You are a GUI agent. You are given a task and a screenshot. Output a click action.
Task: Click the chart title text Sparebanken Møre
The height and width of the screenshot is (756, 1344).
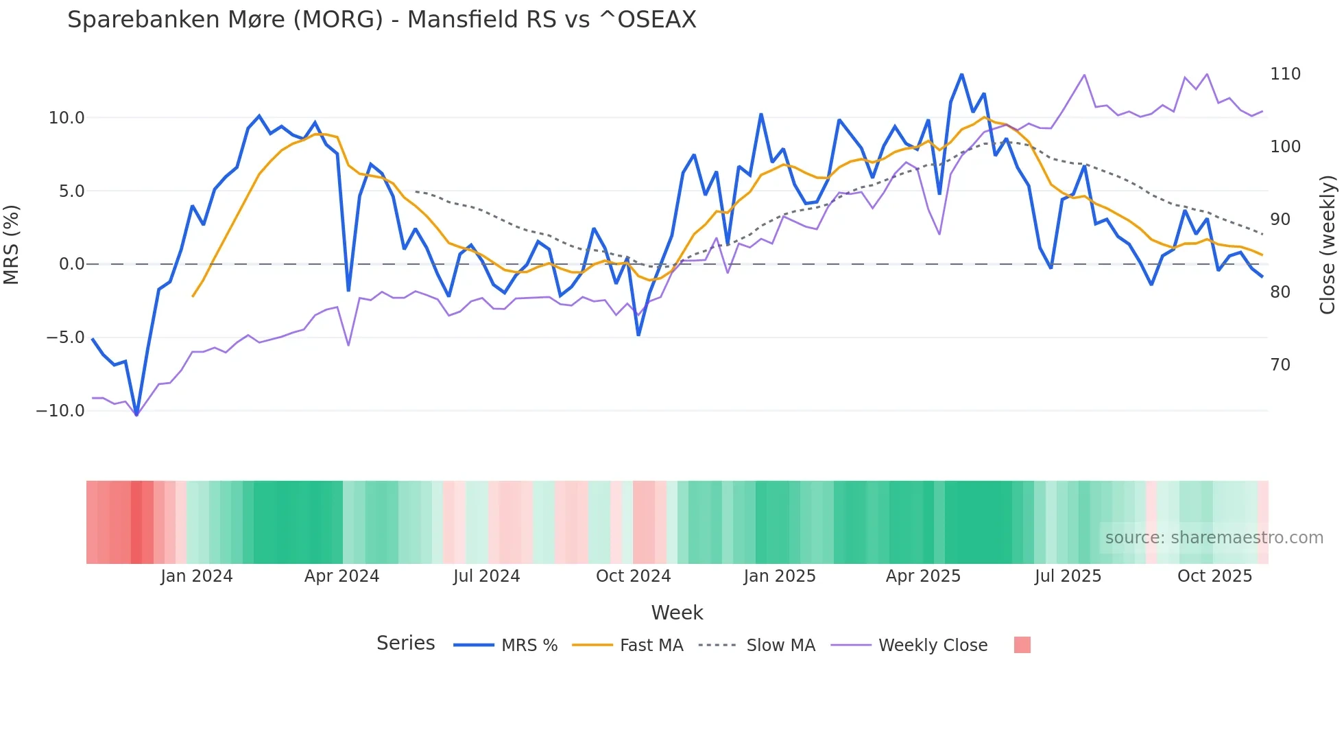[381, 20]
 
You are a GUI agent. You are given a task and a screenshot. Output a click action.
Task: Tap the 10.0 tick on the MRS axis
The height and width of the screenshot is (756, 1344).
[67, 118]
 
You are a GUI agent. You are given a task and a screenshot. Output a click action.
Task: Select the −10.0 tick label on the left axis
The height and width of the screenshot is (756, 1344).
[60, 411]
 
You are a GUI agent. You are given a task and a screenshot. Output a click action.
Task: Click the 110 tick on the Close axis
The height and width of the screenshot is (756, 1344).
[1285, 74]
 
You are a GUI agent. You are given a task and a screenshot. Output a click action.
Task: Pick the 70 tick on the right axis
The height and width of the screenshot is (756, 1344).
[1280, 365]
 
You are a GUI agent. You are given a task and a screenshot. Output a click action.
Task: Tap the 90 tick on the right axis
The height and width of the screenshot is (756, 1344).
[1280, 220]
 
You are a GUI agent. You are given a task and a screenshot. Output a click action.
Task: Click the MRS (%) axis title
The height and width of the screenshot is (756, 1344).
[12, 245]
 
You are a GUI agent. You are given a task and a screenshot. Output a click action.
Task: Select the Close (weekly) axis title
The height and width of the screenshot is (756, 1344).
[1328, 245]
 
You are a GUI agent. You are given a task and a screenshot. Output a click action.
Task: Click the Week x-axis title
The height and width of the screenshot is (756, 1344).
[677, 613]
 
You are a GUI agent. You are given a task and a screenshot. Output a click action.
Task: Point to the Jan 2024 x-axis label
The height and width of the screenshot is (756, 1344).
[197, 576]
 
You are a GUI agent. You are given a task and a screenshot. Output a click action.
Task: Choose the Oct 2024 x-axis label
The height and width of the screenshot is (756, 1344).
[633, 576]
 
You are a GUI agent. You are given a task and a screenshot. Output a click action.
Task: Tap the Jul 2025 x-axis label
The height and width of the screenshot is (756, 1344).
[1068, 576]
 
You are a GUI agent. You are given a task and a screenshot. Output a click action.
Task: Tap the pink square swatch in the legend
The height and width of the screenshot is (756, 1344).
[1022, 645]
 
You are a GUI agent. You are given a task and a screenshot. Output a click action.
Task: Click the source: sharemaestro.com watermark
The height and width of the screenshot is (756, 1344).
[1214, 538]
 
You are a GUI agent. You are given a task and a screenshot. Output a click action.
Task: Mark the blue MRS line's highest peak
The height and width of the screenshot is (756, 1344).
[961, 75]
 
